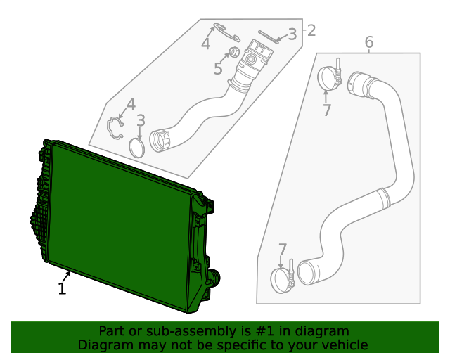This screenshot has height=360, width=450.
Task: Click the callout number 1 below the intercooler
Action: tap(62, 288)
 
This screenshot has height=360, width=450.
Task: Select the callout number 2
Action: tap(310, 31)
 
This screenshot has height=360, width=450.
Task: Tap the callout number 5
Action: tap(218, 69)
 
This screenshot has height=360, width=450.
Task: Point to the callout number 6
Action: tap(369, 44)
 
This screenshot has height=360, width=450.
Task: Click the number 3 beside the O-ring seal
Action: tap(141, 122)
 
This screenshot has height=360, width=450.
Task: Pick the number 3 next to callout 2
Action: tap(292, 34)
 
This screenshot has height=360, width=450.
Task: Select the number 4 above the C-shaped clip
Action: tap(131, 106)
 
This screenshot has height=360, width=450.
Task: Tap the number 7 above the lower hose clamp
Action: tap(283, 250)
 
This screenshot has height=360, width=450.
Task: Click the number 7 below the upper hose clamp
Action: tap(327, 110)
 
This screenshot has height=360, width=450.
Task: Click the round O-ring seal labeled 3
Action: tap(139, 148)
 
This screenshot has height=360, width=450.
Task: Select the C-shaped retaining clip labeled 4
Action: tap(115, 129)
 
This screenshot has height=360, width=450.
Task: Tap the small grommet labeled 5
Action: tap(235, 51)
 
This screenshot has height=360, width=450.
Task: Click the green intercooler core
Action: tap(120, 218)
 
